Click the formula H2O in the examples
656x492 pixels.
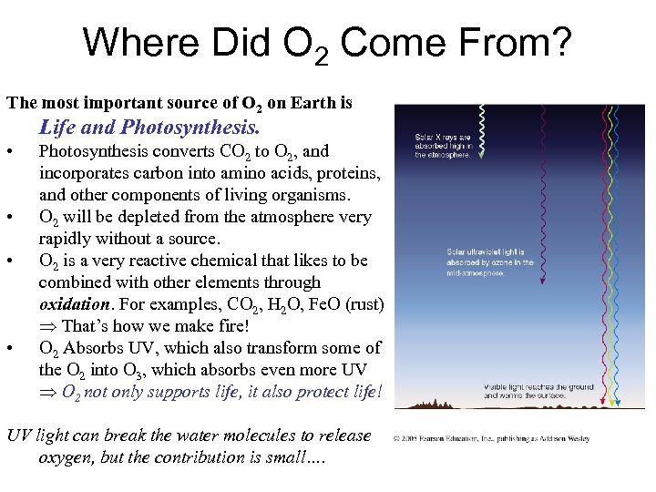[276, 305]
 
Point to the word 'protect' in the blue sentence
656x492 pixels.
[313, 392]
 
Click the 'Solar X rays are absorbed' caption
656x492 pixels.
[443, 146]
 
